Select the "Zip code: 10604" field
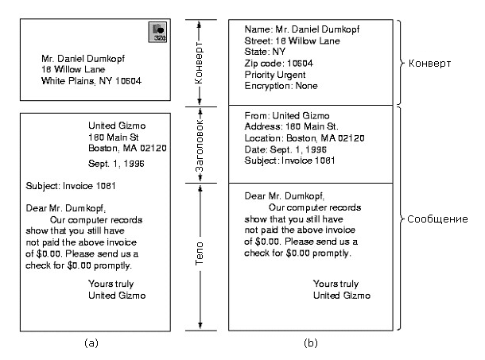[x=279, y=62]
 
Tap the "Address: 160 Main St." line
[x=291, y=126]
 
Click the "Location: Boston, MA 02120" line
[x=305, y=137]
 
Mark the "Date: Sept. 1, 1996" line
[x=285, y=149]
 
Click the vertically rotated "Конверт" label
[x=201, y=64]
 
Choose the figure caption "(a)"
[x=91, y=343]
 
